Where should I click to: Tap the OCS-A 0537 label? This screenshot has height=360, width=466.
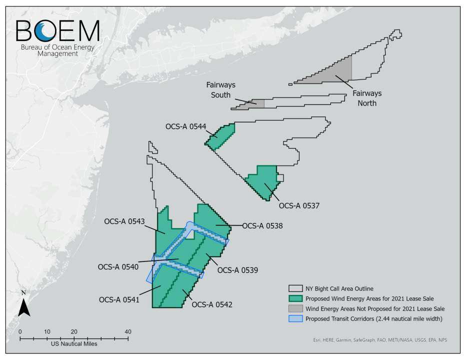pyautogui.click(x=299, y=205)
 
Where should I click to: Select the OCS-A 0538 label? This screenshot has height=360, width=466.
pyautogui.click(x=262, y=226)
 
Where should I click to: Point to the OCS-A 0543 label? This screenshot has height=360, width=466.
pyautogui.click(x=124, y=221)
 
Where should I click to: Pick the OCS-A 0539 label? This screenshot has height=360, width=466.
pyautogui.click(x=237, y=270)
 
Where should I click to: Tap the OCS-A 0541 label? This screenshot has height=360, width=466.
pyautogui.click(x=119, y=300)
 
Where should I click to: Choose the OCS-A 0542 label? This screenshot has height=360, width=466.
pyautogui.click(x=211, y=304)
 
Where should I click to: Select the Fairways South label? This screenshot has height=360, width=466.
pyautogui.click(x=220, y=90)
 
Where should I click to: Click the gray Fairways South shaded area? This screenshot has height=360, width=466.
pyautogui.click(x=256, y=103)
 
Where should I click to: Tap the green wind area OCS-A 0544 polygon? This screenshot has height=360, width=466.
pyautogui.click(x=221, y=136)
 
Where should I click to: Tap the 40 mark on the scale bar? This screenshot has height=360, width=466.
pyautogui.click(x=128, y=331)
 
